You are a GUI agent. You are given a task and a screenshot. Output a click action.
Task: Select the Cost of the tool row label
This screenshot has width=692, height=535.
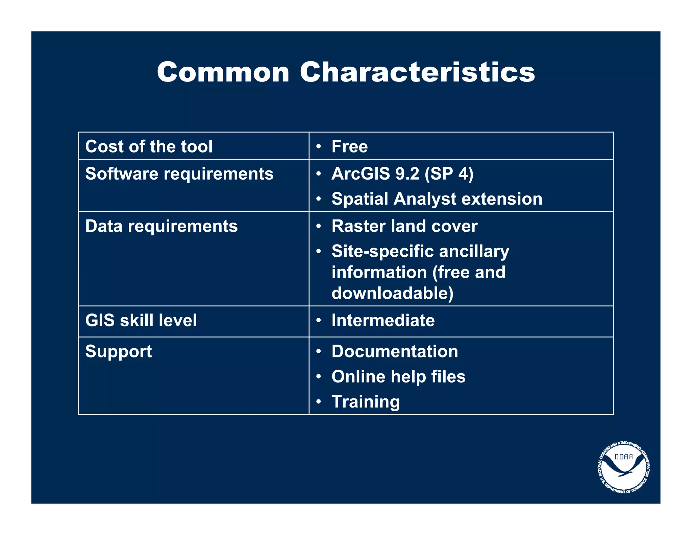click(149, 146)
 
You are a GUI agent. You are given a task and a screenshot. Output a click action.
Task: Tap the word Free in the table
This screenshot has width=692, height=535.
click(349, 146)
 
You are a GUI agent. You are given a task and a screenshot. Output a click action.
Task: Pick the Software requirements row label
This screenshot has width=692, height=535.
click(179, 174)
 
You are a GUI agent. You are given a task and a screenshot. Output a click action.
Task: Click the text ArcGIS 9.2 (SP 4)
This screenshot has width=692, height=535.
click(402, 174)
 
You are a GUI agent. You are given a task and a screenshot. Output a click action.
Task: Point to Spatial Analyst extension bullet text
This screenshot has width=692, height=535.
click(437, 199)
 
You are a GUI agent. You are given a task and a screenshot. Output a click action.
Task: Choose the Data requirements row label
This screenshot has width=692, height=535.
click(161, 226)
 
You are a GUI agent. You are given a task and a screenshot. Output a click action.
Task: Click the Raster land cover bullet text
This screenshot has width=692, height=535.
click(404, 226)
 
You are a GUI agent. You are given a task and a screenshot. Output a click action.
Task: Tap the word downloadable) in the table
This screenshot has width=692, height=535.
click(392, 293)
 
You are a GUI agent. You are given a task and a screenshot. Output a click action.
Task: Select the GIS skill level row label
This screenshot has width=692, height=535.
click(141, 320)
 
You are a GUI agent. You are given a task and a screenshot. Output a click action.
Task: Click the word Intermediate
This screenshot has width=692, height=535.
click(383, 320)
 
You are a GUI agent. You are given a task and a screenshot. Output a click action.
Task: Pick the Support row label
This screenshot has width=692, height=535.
click(118, 351)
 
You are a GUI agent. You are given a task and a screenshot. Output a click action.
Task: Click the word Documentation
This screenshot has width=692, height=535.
click(395, 351)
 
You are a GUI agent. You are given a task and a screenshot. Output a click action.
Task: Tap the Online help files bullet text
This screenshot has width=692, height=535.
click(398, 376)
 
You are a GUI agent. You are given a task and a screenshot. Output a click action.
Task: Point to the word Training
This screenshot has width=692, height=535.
click(366, 401)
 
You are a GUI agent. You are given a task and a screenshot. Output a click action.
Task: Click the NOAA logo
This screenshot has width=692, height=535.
click(623, 467)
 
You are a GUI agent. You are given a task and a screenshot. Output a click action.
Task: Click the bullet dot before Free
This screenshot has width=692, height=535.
click(318, 147)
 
